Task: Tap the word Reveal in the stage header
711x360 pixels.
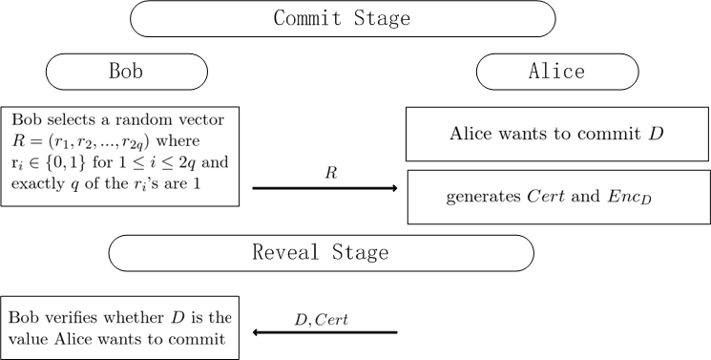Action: click(x=282, y=253)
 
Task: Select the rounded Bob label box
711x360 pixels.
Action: click(x=126, y=72)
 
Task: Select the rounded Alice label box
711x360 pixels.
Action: click(x=556, y=72)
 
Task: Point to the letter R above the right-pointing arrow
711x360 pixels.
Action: click(x=331, y=175)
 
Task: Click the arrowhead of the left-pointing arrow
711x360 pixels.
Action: click(x=258, y=332)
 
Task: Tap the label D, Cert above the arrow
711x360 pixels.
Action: click(x=322, y=319)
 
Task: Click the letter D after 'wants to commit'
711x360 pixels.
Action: click(x=656, y=133)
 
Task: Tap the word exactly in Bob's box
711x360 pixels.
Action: click(x=34, y=183)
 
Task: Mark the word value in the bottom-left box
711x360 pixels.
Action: click(x=27, y=338)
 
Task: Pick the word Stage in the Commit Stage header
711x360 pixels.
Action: click(x=382, y=18)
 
